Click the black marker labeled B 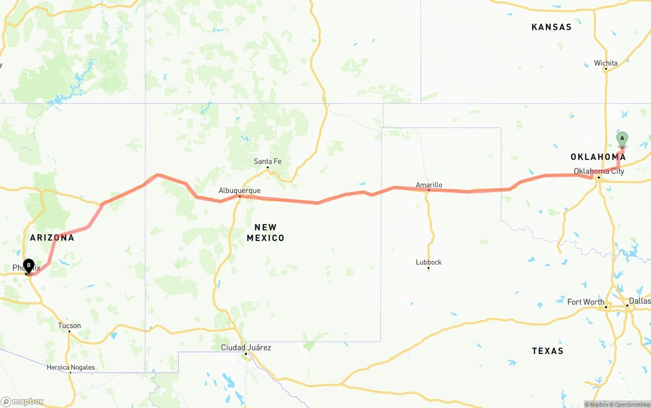tap(29, 265)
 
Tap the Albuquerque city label tap(240, 191)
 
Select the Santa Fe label tap(268, 162)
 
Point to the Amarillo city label tap(429, 185)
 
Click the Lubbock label tap(429, 262)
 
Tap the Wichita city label tap(606, 64)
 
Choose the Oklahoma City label tap(599, 171)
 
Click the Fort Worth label tap(586, 302)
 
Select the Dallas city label tap(639, 301)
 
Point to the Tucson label tap(69, 326)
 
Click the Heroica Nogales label tap(71, 367)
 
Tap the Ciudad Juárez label tap(246, 348)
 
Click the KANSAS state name tap(551, 27)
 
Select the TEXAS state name tap(548, 351)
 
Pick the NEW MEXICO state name tap(265, 233)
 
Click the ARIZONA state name tap(52, 237)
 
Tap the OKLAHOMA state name tap(598, 157)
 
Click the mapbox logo tap(22, 402)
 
